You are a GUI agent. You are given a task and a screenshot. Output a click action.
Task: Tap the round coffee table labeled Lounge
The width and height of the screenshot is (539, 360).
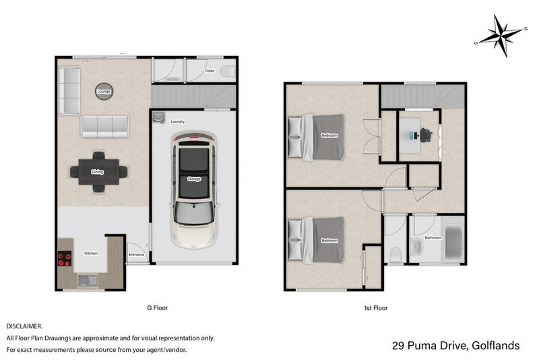(103, 91)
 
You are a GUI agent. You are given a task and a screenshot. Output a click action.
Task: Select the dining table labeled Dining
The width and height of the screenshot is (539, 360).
(98, 172)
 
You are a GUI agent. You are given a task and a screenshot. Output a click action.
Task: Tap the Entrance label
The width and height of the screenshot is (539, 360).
(137, 254)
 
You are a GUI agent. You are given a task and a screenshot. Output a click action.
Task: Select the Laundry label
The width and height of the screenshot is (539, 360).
(178, 122)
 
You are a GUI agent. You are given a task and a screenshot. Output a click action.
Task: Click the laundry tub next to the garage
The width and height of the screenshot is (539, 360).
(159, 118)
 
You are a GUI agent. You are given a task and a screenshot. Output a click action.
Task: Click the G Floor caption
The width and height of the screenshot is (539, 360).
(157, 308)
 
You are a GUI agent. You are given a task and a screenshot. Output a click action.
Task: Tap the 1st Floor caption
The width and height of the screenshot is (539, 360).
(375, 308)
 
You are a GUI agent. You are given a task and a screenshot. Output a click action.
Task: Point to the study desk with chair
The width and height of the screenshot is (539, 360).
(418, 135)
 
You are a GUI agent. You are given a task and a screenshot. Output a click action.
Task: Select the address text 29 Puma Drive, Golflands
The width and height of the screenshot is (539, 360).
(455, 346)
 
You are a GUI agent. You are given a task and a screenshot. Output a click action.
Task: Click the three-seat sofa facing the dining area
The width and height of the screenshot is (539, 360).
(106, 126)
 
